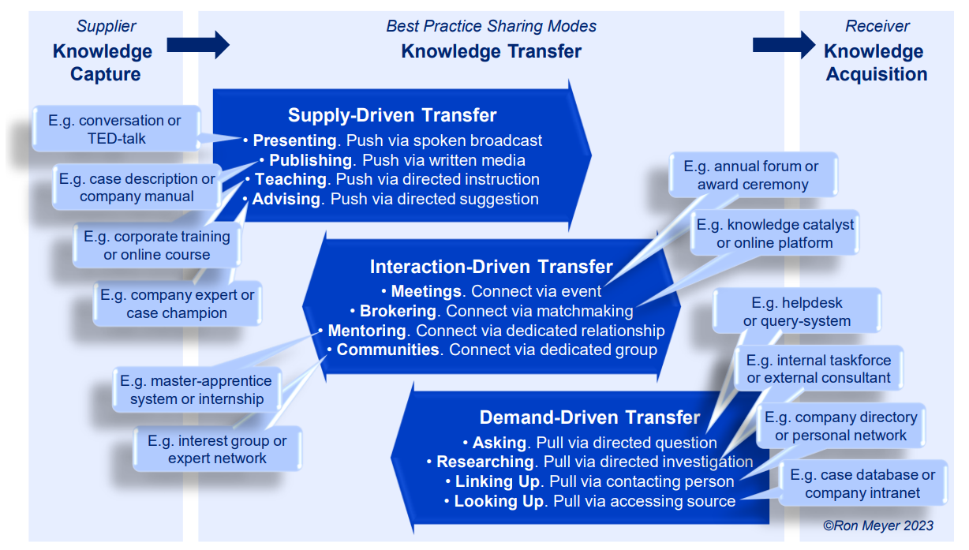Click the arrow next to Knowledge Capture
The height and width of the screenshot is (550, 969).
(209, 45)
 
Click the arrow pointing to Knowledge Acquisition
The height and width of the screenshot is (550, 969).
(783, 45)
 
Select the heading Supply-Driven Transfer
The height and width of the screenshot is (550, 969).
(392, 115)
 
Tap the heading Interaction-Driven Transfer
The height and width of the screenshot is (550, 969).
(491, 267)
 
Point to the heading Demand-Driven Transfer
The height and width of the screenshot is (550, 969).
(589, 417)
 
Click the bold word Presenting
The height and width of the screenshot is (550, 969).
(294, 140)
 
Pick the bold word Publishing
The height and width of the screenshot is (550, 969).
(310, 160)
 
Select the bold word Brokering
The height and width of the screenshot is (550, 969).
(398, 311)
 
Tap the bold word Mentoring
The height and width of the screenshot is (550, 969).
(367, 331)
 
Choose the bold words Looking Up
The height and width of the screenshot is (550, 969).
(499, 501)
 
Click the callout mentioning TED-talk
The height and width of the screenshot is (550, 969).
(114, 130)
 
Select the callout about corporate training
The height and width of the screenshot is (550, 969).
(157, 245)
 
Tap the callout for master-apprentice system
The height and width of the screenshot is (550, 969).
(196, 390)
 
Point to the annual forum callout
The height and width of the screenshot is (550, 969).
(752, 175)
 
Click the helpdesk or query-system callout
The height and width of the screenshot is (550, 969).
(796, 312)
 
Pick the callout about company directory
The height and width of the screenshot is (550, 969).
(840, 426)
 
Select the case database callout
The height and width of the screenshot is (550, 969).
(862, 484)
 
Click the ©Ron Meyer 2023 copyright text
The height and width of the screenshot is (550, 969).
(877, 526)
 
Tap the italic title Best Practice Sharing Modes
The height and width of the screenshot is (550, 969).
(491, 26)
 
